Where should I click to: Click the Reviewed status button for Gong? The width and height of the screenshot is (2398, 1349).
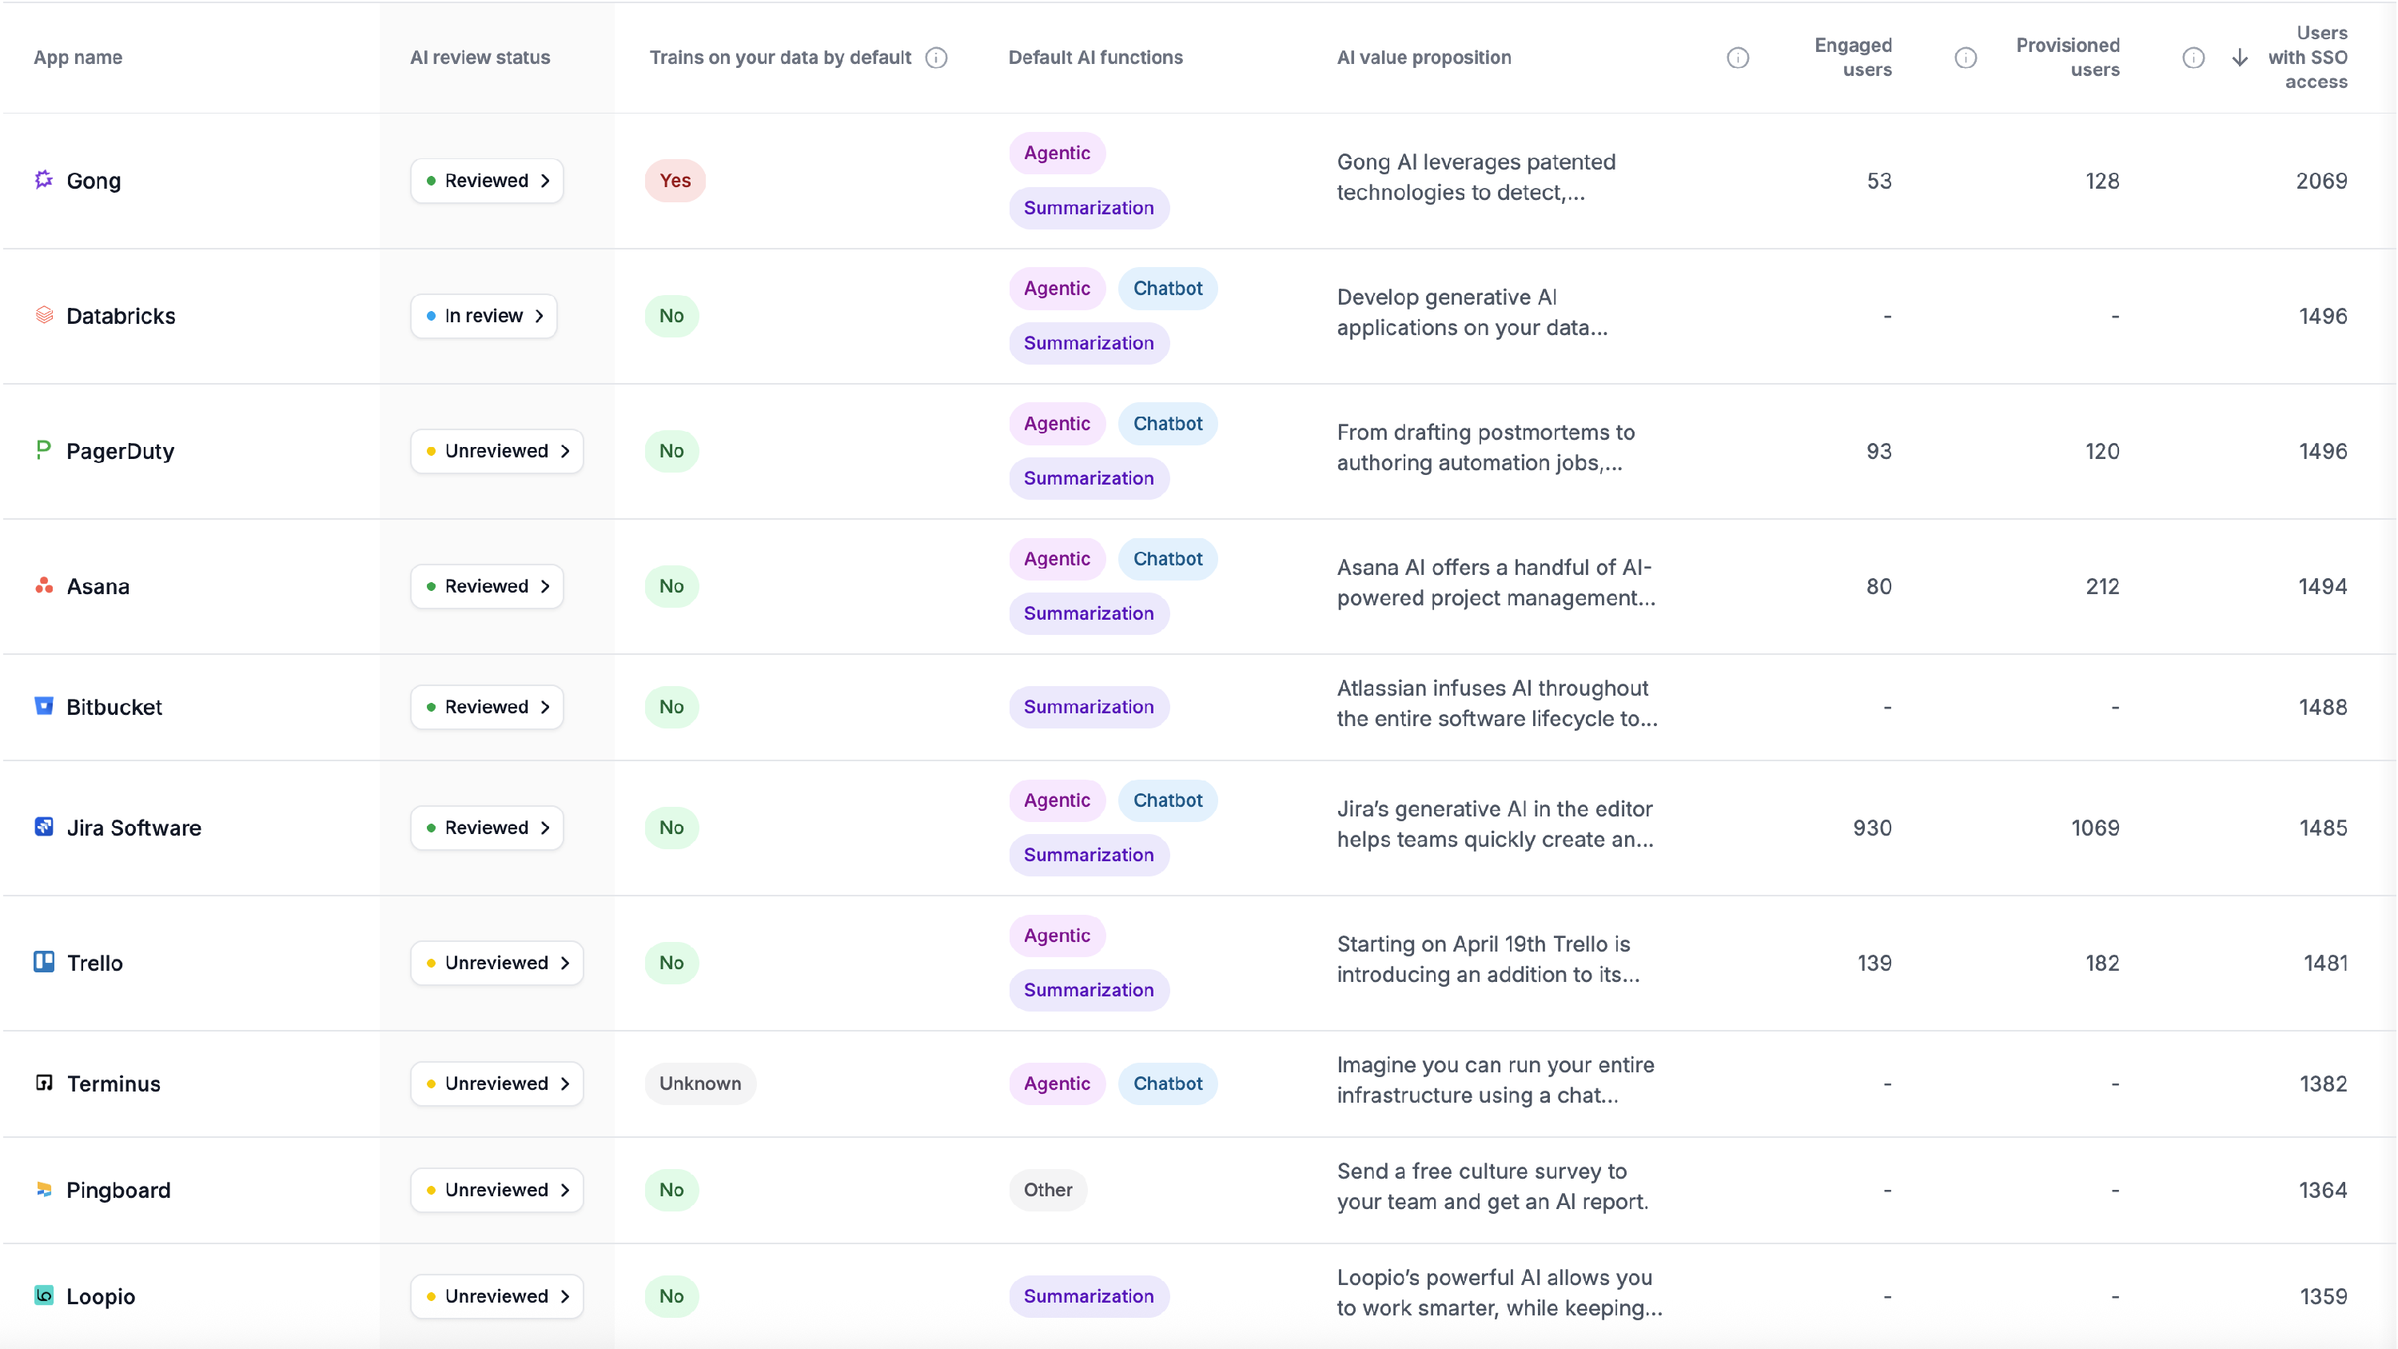click(x=487, y=181)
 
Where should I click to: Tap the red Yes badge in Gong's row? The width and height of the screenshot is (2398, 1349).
click(x=675, y=181)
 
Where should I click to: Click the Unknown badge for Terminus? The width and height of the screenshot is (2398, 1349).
click(x=700, y=1083)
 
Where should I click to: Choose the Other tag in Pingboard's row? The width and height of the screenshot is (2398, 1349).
click(x=1047, y=1189)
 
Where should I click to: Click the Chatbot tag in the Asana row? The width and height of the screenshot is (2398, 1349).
click(x=1167, y=559)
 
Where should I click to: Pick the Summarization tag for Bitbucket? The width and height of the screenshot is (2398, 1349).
click(x=1088, y=707)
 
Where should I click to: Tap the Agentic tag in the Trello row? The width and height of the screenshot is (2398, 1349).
click(x=1057, y=935)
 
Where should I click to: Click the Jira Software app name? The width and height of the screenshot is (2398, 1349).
click(x=134, y=828)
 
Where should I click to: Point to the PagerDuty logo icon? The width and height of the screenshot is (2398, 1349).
click(x=44, y=449)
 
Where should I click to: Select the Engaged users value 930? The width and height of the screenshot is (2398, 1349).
click(x=1872, y=828)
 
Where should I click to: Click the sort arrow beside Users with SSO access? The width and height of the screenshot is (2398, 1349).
click(x=2240, y=58)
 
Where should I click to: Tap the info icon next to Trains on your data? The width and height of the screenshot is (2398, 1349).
click(x=937, y=58)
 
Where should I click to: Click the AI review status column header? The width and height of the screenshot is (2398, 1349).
click(x=480, y=58)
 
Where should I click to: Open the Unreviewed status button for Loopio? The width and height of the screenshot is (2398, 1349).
click(x=497, y=1296)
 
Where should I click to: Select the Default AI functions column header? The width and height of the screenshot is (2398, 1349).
click(x=1095, y=58)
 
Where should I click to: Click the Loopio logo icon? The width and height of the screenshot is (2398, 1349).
click(x=44, y=1295)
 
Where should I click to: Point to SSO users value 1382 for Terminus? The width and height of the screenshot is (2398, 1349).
click(x=2323, y=1083)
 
